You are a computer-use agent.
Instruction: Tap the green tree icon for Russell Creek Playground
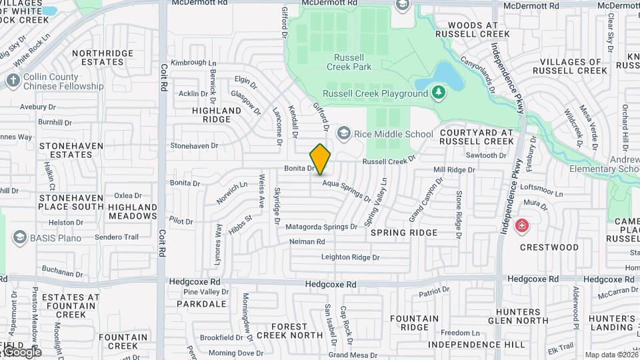tap(438, 93)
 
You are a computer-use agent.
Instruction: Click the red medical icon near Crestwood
tap(521, 224)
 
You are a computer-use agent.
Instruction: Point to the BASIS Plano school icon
tap(20, 238)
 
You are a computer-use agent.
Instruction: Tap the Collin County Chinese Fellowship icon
tap(13, 81)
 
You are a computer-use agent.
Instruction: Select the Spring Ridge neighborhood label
tap(404, 233)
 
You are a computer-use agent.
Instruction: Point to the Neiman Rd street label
tap(307, 242)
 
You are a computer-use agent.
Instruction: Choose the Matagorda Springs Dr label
tap(321, 227)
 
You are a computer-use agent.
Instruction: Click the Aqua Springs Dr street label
tap(347, 191)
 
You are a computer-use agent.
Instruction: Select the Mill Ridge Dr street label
tap(453, 171)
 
